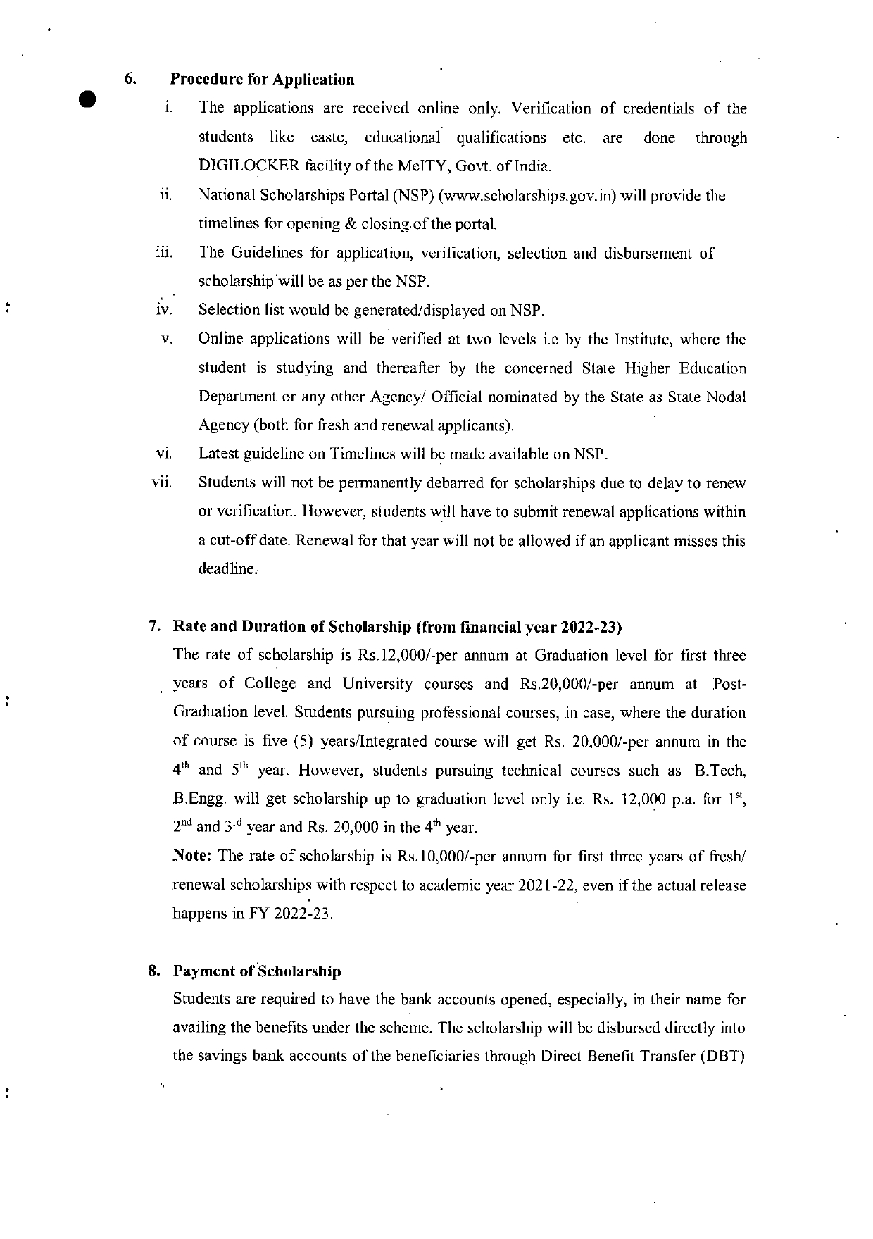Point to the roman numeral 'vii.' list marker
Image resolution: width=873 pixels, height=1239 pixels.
click(163, 484)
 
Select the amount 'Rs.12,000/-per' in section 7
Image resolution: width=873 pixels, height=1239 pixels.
click(396, 656)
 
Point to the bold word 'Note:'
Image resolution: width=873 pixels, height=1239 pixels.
click(193, 857)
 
